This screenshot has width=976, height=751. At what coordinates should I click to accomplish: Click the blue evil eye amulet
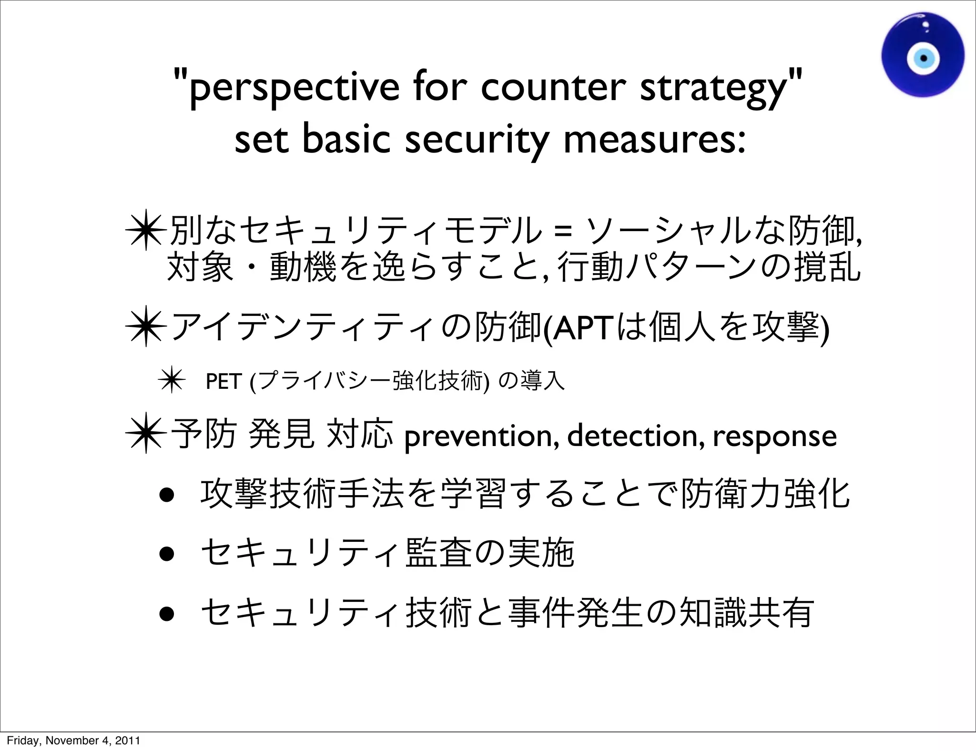(x=923, y=55)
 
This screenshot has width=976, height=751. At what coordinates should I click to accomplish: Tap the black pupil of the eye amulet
(x=924, y=59)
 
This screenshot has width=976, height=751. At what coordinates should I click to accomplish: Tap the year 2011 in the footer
(x=129, y=741)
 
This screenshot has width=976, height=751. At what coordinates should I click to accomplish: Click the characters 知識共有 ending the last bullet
(x=746, y=613)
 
